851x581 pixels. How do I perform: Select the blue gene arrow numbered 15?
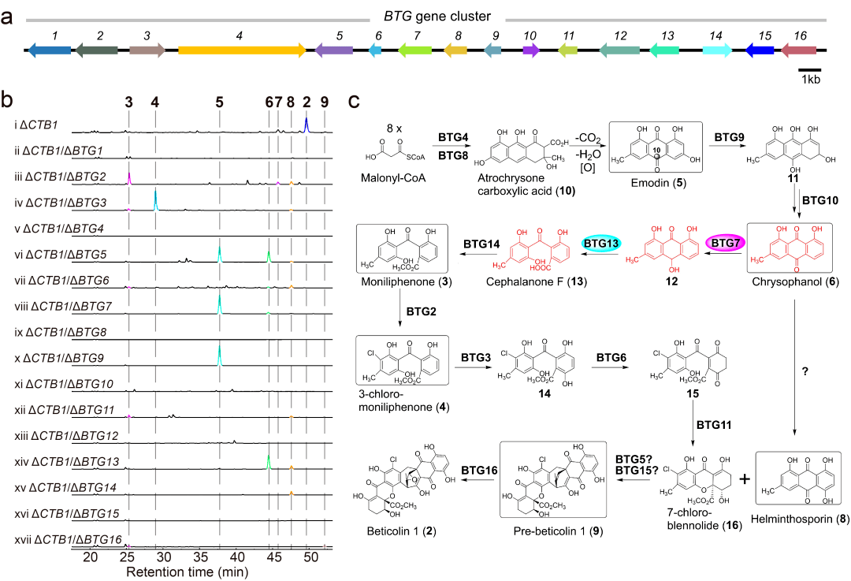(759, 50)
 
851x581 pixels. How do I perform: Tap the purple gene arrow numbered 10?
(530, 50)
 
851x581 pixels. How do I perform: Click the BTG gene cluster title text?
(437, 17)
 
